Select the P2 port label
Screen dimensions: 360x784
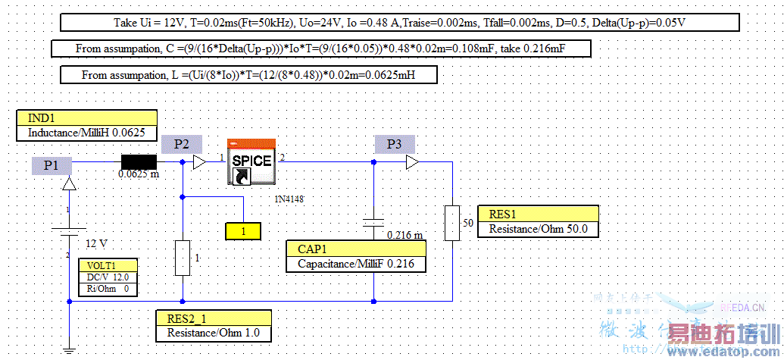182,144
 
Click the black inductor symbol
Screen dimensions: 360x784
139,161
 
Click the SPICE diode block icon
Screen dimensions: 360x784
251,161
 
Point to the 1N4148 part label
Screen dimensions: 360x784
289,199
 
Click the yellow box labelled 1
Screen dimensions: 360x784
243,231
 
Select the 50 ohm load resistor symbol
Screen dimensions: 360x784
452,222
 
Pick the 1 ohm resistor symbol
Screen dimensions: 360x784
183,258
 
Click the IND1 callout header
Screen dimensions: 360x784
86,118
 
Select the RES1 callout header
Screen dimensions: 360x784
538,214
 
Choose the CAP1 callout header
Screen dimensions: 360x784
356,249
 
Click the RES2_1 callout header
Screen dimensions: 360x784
212,318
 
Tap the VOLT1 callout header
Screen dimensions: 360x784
108,266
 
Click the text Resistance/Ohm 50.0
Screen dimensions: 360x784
538,229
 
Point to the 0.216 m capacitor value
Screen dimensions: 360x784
404,235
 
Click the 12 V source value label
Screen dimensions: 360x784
96,244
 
